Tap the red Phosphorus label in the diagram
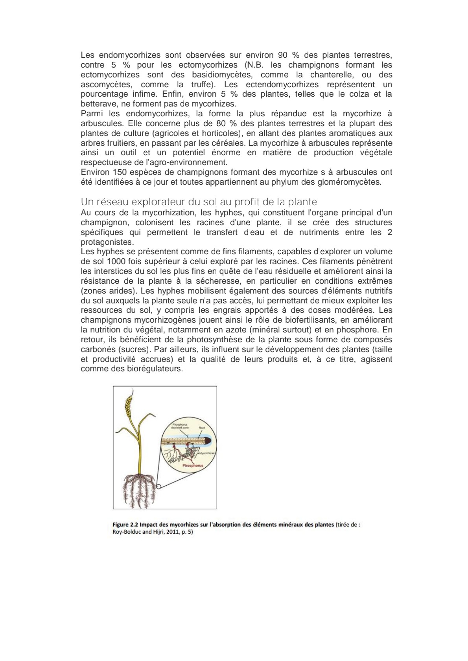pyautogui.click(x=193, y=465)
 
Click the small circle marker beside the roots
pyautogui.click(x=158, y=486)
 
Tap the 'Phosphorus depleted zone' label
pyautogui.click(x=181, y=426)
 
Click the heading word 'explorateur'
pyautogui.click(x=153, y=202)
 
